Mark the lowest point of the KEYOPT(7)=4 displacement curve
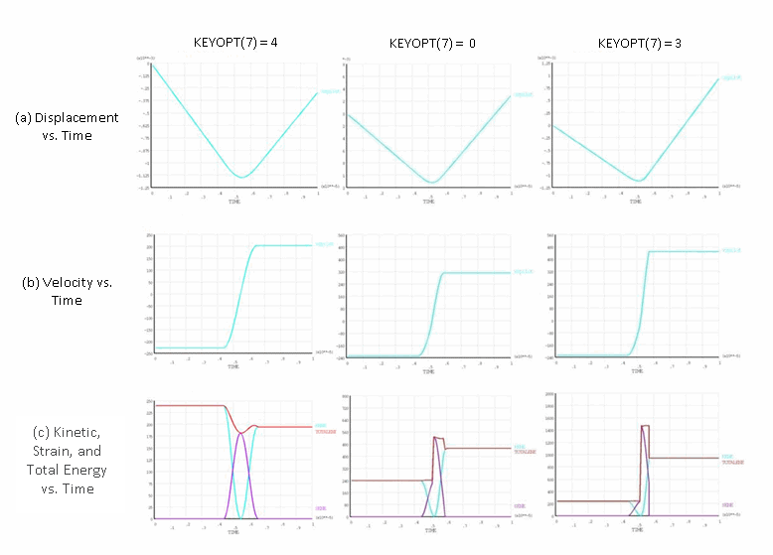tap(240, 177)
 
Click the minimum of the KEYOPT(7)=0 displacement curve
tap(432, 182)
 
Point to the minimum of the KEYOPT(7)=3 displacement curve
tap(640, 181)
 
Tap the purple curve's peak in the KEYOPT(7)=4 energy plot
tap(239, 432)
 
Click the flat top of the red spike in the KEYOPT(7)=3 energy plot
tap(646, 426)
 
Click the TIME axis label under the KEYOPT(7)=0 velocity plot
tap(428, 366)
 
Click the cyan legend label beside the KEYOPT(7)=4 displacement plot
tap(329, 92)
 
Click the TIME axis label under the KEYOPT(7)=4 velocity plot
tap(234, 366)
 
